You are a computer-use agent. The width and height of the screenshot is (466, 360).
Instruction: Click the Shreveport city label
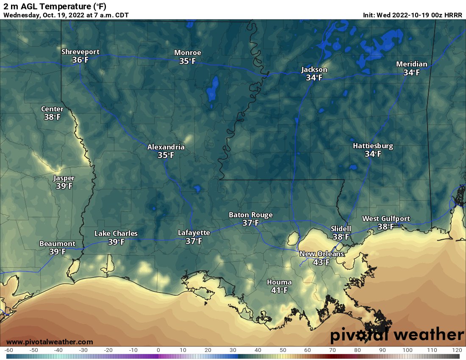pyautogui.click(x=80, y=52)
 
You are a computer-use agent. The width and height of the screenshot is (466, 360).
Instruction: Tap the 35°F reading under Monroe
pyautogui.click(x=187, y=61)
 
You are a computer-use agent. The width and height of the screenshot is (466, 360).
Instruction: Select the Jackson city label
pyautogui.click(x=314, y=69)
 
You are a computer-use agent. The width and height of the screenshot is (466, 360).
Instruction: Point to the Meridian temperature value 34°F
pyautogui.click(x=411, y=72)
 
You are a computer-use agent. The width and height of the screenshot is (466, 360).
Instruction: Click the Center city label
pyautogui.click(x=52, y=109)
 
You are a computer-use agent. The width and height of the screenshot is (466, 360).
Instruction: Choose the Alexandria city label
pyautogui.click(x=166, y=147)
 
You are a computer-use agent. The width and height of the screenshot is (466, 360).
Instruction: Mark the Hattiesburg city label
pyautogui.click(x=373, y=146)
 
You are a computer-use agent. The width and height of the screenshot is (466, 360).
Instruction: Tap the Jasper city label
pyautogui.click(x=64, y=178)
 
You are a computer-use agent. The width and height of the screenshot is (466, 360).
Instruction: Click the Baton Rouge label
pyautogui.click(x=250, y=215)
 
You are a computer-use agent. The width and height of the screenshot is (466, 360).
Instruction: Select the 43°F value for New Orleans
pyautogui.click(x=321, y=262)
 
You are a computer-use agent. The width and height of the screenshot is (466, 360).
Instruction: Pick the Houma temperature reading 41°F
pyautogui.click(x=279, y=291)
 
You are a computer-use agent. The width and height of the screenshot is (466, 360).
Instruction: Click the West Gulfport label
pyautogui.click(x=386, y=219)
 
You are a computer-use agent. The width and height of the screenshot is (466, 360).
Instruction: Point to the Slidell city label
pyautogui.click(x=341, y=229)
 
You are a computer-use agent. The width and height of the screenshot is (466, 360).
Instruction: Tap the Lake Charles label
pyautogui.click(x=116, y=234)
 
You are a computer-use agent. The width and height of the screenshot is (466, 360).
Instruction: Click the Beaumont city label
pyautogui.click(x=57, y=244)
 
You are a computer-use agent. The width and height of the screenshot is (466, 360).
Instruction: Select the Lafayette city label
pyautogui.click(x=194, y=233)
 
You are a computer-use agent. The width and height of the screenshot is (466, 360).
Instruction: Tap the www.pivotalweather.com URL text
pyautogui.click(x=50, y=342)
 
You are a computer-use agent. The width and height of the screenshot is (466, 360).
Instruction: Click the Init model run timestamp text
pyautogui.click(x=412, y=15)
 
